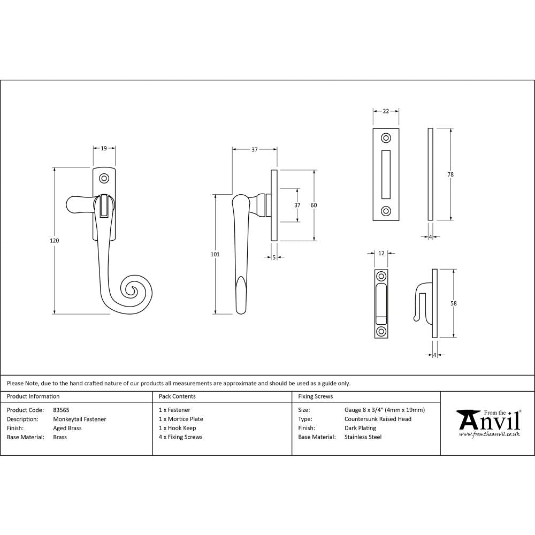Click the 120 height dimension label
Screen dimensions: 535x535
[x=54, y=241]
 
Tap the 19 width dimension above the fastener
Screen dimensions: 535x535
[x=104, y=148]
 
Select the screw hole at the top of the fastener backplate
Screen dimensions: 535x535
[x=105, y=178]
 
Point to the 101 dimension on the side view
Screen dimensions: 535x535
[x=215, y=255]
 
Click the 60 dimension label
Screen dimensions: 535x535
[x=314, y=205]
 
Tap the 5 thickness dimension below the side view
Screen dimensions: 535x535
[x=273, y=257]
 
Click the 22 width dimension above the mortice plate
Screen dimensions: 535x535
[x=386, y=111]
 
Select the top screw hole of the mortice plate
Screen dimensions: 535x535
[x=385, y=138]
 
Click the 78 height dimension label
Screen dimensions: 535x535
[x=452, y=174]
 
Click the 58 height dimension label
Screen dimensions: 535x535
[x=454, y=303]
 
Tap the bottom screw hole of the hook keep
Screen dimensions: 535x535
[x=381, y=331]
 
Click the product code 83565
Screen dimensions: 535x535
[x=61, y=410]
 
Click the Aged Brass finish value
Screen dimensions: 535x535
[x=67, y=429]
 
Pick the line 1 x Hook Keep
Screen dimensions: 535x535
[x=178, y=429]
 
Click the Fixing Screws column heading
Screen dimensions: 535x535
[x=315, y=397]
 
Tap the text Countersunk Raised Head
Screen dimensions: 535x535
[x=378, y=419]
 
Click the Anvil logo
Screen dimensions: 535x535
[x=488, y=423]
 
